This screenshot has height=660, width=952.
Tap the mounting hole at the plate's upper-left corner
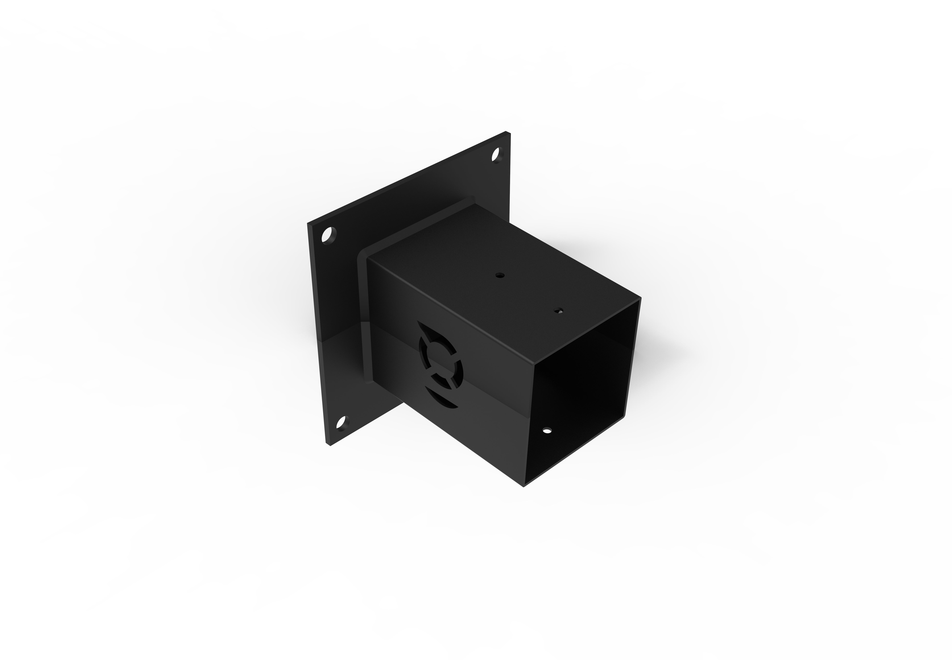(x=329, y=235)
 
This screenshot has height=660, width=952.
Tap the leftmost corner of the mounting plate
(x=308, y=223)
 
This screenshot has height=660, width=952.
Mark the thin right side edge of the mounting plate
(x=511, y=174)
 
